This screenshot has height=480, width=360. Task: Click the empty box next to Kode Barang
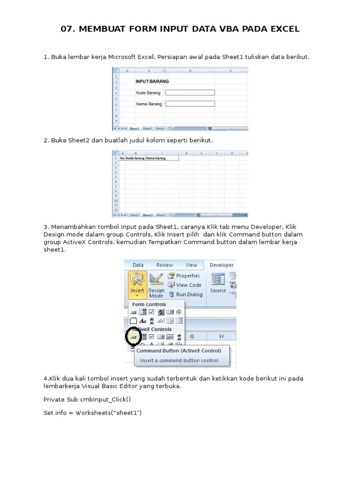point(190,93)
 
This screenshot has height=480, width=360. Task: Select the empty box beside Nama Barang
point(190,104)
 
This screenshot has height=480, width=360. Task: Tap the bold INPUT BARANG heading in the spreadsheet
point(152,81)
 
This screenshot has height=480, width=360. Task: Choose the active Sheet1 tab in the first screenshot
point(135,128)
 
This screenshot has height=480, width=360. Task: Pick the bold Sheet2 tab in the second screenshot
point(148,215)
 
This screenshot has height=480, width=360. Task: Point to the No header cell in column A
point(122,158)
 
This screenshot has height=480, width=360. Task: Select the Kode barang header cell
point(135,158)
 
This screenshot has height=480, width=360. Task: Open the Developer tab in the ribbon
point(221,265)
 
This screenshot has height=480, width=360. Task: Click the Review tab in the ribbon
point(165,265)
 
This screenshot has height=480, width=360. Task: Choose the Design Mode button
point(156,285)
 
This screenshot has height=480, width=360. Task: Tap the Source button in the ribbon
point(218,283)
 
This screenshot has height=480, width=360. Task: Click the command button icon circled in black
point(134,337)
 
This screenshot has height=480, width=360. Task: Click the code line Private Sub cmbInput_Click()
point(87,399)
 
